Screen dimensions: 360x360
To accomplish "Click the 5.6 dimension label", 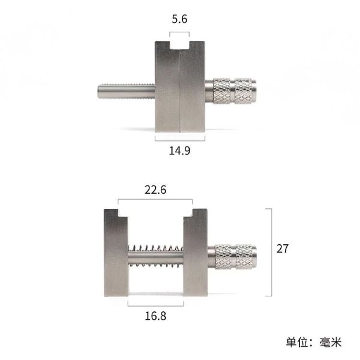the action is [179, 19].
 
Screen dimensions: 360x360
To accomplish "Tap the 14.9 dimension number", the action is [179, 151].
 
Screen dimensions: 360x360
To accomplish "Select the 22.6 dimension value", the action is [155, 190].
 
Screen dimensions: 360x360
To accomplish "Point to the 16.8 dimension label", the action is [155, 316].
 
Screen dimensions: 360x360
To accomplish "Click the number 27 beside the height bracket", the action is [283, 248].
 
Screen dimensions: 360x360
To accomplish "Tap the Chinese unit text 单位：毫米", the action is [314, 343].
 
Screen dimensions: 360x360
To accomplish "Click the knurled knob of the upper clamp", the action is [235, 91].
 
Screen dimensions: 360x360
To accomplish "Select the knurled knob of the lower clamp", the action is [236, 257].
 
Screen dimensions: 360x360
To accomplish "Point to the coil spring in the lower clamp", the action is [155, 256].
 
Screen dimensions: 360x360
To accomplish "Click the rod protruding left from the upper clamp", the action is [126, 91].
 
